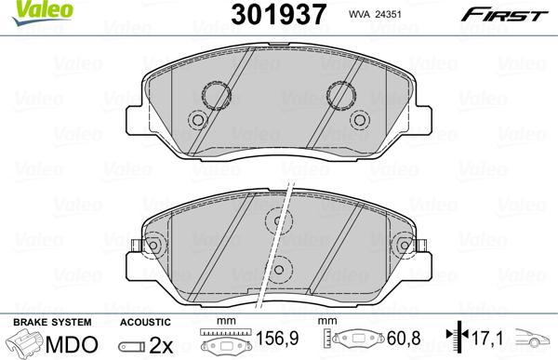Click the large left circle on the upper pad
point(217,94)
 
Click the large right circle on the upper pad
point(340,94)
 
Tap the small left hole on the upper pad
point(196,120)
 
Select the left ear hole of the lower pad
point(151,246)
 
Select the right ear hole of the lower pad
point(404,246)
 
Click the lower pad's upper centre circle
point(277,220)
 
